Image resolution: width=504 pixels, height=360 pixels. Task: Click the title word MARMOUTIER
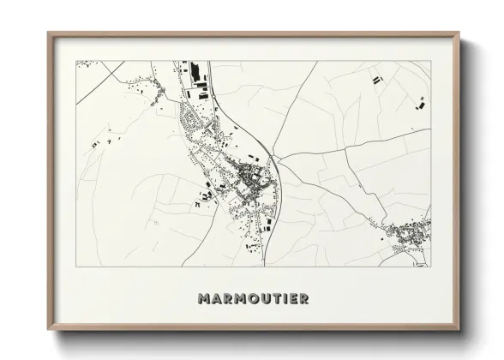pos(253,299)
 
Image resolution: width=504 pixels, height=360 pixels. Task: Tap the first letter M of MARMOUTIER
pos(203,299)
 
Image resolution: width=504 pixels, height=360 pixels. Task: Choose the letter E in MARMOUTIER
pos(291,299)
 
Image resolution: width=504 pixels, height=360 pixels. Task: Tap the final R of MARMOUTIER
pos(303,299)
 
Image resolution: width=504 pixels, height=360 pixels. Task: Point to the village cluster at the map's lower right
pos(408,233)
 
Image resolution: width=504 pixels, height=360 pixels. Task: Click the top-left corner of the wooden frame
pos(49,34)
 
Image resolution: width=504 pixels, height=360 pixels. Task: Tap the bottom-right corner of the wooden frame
pos(458,328)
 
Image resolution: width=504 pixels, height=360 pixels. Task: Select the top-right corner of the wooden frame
pos(458,34)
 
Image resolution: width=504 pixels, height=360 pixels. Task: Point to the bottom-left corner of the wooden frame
pos(49,328)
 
